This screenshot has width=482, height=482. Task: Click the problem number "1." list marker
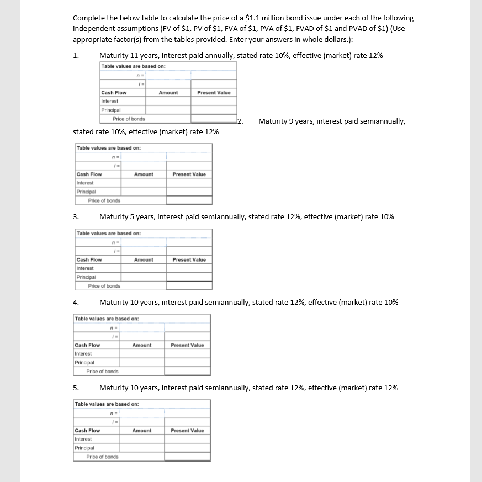click(x=76, y=56)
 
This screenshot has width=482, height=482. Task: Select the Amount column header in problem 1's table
click(x=168, y=93)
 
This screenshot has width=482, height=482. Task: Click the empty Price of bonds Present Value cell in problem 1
click(x=214, y=119)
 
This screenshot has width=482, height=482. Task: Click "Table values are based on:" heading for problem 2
click(x=109, y=148)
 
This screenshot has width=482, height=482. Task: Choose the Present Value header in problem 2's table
click(x=189, y=174)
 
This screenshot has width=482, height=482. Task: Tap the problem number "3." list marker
click(x=76, y=217)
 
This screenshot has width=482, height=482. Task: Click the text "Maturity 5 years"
click(x=124, y=217)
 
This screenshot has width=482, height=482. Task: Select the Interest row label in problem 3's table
click(x=85, y=268)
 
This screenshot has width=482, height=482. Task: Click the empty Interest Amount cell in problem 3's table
click(x=144, y=268)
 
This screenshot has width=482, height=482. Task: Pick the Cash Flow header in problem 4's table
click(x=87, y=345)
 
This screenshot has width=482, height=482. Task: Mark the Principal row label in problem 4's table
click(x=84, y=363)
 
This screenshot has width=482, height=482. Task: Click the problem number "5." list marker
click(x=76, y=388)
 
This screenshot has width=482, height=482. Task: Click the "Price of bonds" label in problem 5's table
click(x=102, y=457)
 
